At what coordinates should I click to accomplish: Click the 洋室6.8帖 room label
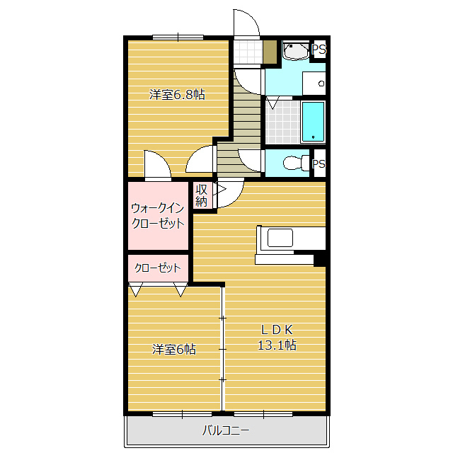click(x=177, y=94)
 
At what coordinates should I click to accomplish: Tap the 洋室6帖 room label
click(x=175, y=349)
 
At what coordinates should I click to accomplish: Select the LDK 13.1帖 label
click(x=276, y=337)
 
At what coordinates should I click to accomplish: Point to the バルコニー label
click(x=226, y=430)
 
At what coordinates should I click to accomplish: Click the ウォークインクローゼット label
click(x=158, y=215)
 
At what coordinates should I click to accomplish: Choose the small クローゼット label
click(x=158, y=268)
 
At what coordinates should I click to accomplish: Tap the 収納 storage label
click(x=202, y=195)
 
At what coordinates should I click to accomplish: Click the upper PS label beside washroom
click(x=319, y=50)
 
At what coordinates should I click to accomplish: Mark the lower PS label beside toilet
click(x=319, y=164)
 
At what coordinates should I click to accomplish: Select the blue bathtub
click(x=313, y=121)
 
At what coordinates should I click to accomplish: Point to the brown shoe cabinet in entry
click(x=269, y=52)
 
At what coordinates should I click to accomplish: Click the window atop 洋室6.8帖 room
click(x=178, y=37)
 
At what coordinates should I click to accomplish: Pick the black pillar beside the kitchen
click(x=320, y=260)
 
